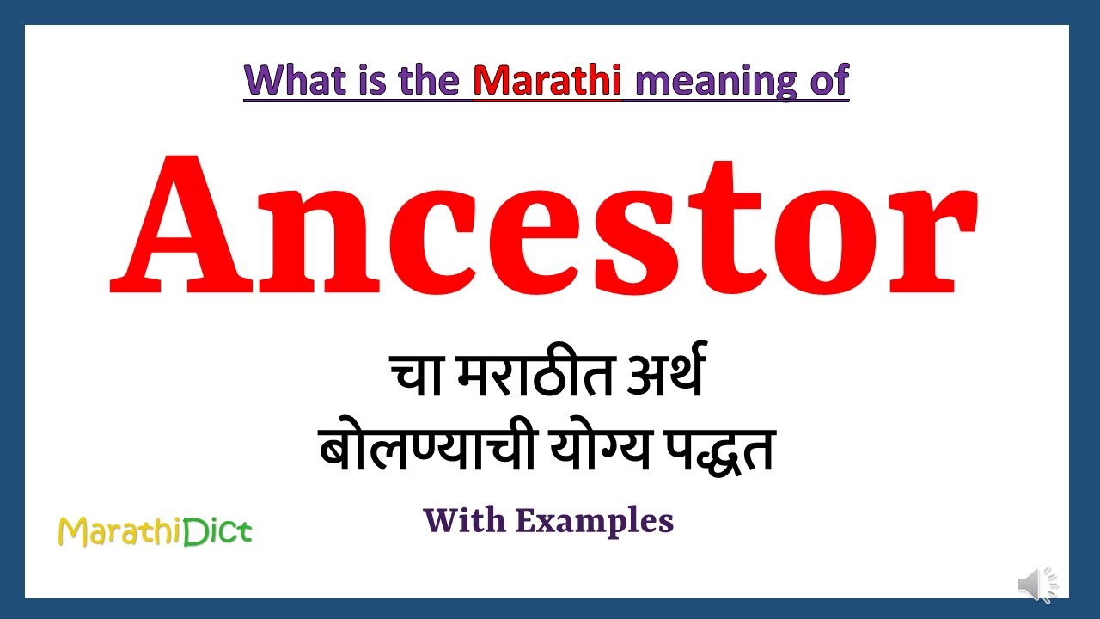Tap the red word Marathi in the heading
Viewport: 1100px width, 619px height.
click(547, 80)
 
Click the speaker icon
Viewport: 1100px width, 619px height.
click(1037, 585)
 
